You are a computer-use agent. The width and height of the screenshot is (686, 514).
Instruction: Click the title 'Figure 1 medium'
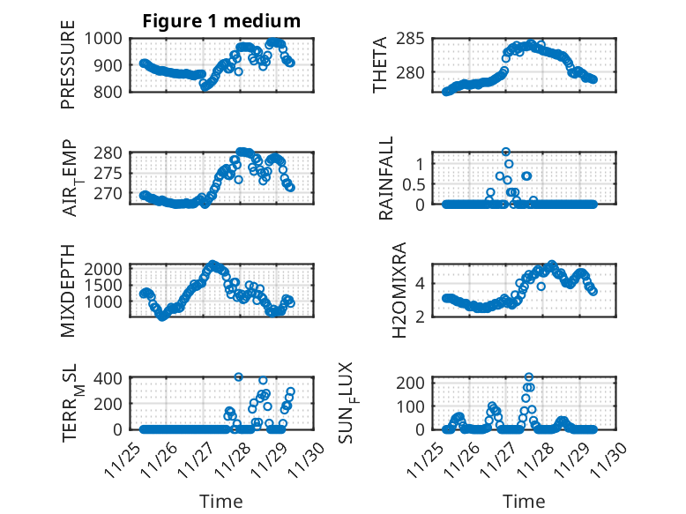click(x=221, y=21)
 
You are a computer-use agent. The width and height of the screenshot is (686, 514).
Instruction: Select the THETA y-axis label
click(x=380, y=64)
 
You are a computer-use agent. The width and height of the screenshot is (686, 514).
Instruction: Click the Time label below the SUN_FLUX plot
click(x=524, y=501)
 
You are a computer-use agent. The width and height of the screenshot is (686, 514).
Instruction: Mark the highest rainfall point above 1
click(x=505, y=152)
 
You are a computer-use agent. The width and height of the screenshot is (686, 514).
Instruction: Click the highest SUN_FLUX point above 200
click(x=529, y=377)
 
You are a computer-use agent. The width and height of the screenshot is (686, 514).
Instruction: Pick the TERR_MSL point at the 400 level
click(x=238, y=376)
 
